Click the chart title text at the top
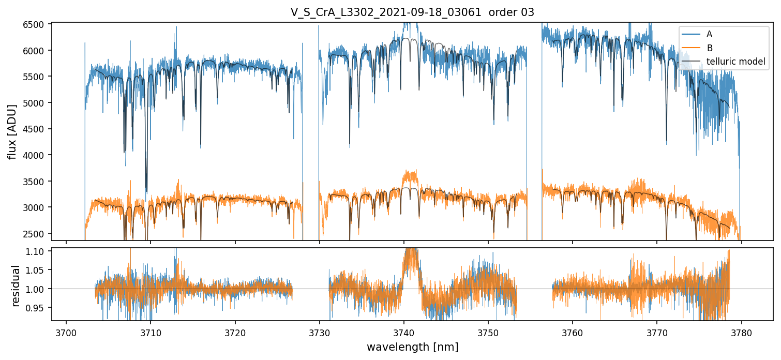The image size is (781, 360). pos(412,12)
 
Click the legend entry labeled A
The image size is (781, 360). pos(709,34)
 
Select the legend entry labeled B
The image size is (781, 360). pos(710,48)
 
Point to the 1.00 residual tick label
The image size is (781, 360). pos(39,289)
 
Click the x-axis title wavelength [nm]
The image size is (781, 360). pos(412,347)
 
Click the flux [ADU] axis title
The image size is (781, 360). pos(12,131)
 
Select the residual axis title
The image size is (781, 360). pos(16,285)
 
